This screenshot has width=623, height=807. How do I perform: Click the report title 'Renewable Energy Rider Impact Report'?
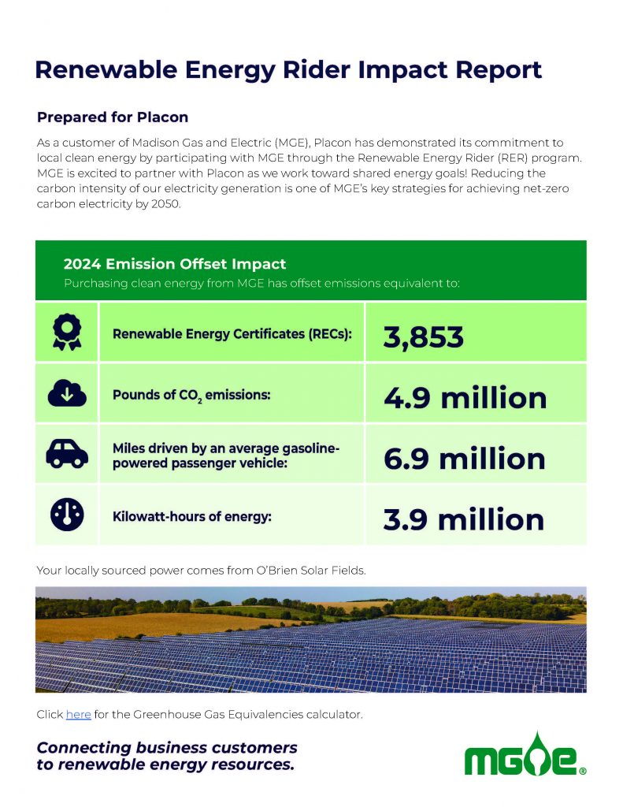(288, 69)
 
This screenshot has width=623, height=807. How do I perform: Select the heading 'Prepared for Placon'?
(113, 117)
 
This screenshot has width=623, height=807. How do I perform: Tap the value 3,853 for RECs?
(424, 337)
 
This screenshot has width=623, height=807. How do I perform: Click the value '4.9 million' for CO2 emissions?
(465, 398)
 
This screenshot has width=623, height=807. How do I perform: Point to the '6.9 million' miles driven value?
(465, 459)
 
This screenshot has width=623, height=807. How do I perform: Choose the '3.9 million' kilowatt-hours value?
(464, 519)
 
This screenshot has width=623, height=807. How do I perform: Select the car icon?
(67, 453)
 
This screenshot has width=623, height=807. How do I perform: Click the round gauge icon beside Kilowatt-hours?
(67, 515)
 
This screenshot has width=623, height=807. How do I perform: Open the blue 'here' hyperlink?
(78, 714)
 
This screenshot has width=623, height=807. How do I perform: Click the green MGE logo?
(525, 757)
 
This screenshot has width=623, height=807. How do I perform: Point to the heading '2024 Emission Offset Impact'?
(174, 264)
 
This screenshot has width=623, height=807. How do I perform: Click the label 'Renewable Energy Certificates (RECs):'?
(232, 333)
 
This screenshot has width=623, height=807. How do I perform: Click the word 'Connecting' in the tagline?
(84, 746)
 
